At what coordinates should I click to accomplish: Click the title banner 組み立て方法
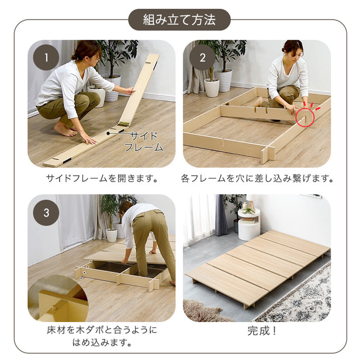pyautogui.click(x=179, y=20)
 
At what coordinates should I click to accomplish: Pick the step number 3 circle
pyautogui.click(x=46, y=212)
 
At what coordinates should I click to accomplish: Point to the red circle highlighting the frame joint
pyautogui.click(x=305, y=118)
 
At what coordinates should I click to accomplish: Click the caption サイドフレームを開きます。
pyautogui.click(x=102, y=179)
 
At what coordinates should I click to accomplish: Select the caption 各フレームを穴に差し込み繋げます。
pyautogui.click(x=257, y=179)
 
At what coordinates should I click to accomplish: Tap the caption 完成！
pyautogui.click(x=257, y=331)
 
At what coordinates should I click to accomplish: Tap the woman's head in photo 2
pyautogui.click(x=292, y=49)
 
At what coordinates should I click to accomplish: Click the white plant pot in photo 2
pyautogui.click(x=211, y=87)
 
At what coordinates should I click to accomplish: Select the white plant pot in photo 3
pyautogui.click(x=111, y=235)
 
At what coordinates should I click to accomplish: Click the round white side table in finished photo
pyautogui.click(x=249, y=226)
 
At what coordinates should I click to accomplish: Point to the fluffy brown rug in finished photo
pyautogui.click(x=203, y=311)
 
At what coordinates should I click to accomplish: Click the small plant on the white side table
pyautogui.click(x=249, y=208)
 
